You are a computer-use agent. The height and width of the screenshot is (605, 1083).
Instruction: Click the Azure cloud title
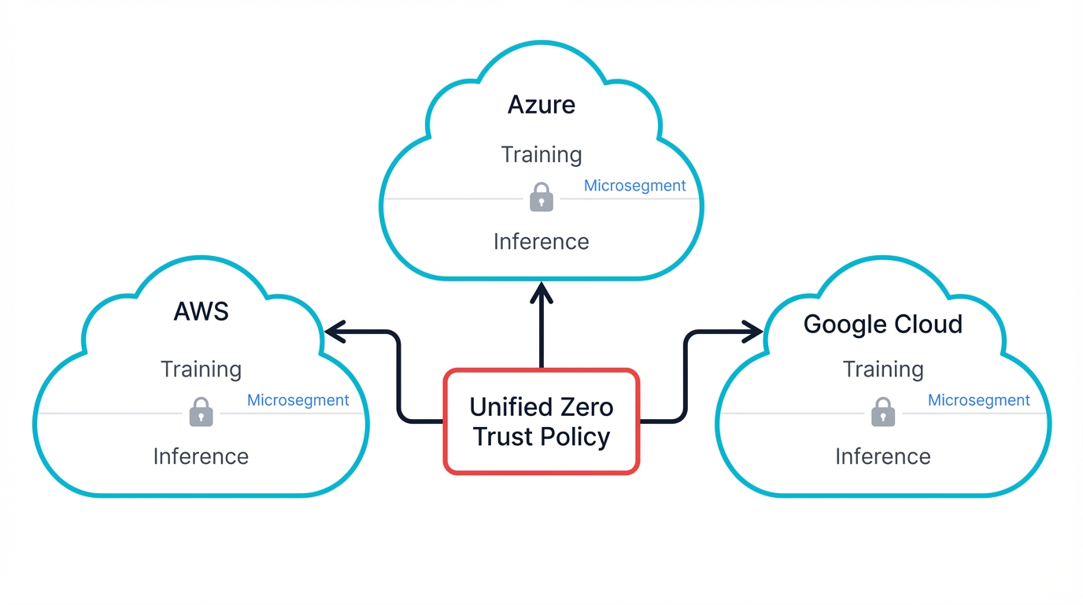click(541, 105)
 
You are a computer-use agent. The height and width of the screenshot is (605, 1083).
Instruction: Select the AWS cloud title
click(201, 311)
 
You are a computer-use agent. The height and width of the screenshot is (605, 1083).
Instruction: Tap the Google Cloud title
click(882, 325)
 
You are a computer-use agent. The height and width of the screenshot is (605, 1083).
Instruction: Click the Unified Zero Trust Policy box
click(541, 421)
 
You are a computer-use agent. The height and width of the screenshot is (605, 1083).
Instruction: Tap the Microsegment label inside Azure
click(634, 186)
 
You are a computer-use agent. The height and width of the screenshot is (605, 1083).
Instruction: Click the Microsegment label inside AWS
click(298, 400)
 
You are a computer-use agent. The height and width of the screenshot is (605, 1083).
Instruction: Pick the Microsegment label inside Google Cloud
click(978, 400)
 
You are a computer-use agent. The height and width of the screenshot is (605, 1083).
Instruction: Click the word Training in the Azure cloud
click(541, 154)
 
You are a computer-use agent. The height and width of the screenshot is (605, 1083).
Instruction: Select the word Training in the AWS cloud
click(201, 369)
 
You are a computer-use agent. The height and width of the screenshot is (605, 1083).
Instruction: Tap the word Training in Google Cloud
click(882, 369)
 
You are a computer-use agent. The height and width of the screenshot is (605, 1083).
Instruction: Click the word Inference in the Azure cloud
click(541, 241)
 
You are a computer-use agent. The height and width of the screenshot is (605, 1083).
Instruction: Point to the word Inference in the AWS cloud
click(201, 456)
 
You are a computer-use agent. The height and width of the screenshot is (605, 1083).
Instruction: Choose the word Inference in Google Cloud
click(882, 456)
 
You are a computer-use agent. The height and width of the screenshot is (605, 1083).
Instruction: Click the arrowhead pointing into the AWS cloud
click(335, 332)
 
